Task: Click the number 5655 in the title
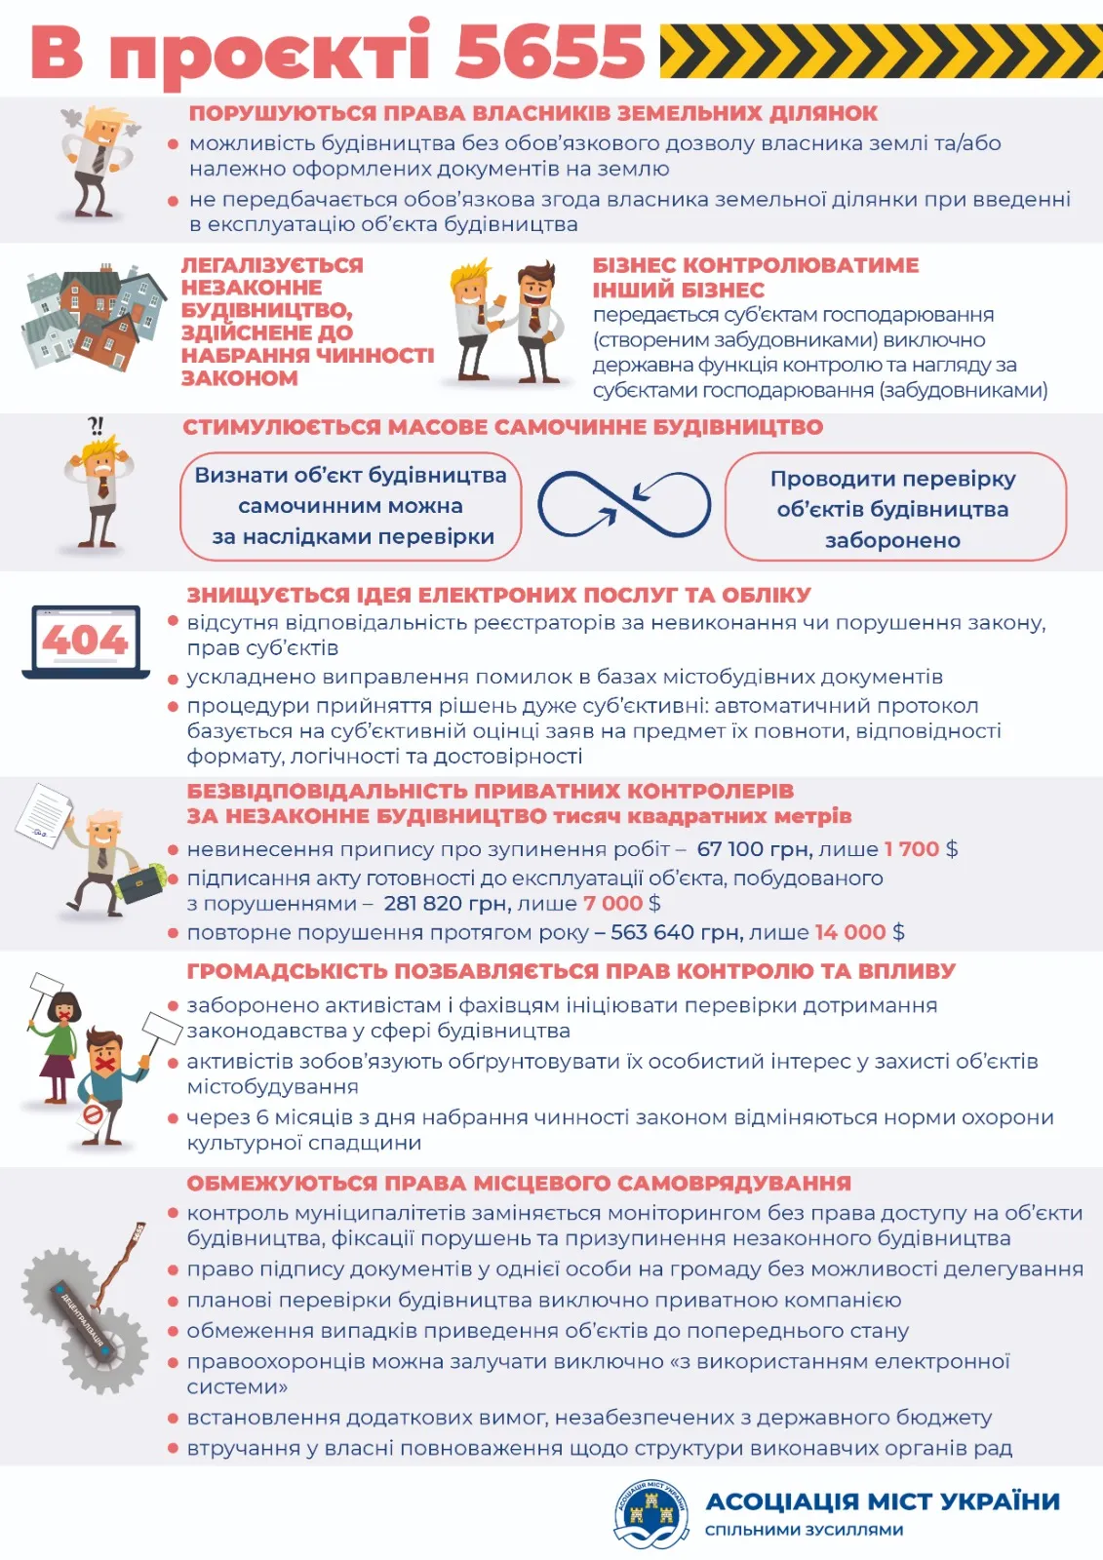549,51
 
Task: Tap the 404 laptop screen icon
86,641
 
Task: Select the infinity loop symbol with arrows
624,504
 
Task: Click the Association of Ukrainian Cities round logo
650,1514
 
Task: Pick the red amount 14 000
849,932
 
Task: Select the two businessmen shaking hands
507,322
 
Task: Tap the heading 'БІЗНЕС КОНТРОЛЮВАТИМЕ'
755,265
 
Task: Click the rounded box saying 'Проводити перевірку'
894,507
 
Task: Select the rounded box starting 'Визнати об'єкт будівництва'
351,506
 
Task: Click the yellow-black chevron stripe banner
880,51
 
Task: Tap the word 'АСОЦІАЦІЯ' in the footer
781,1501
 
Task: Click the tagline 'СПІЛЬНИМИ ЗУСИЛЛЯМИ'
804,1530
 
